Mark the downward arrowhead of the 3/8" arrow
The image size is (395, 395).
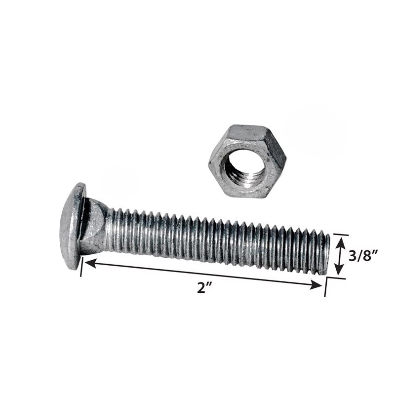point(339,270)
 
